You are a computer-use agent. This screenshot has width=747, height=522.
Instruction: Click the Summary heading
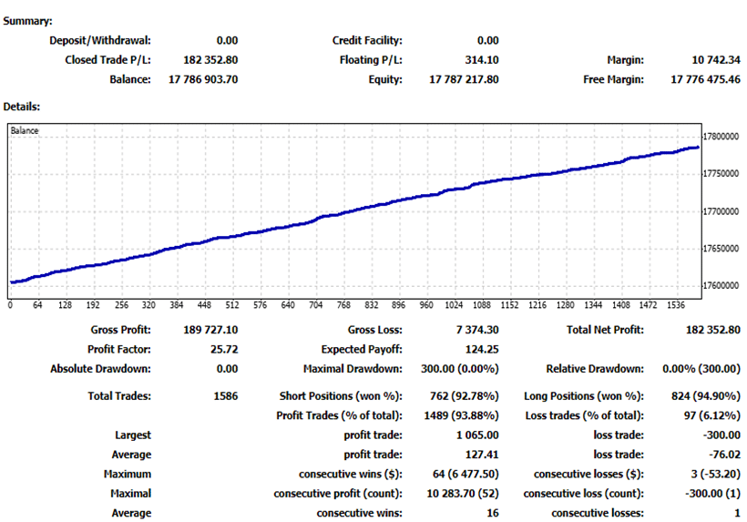[x=27, y=20]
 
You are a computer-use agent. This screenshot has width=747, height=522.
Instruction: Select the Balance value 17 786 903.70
[x=199, y=79]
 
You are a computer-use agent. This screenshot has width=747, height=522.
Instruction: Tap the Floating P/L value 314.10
[x=482, y=60]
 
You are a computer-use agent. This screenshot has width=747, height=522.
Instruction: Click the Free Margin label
[x=613, y=79]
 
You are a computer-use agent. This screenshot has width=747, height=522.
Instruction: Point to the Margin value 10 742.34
[x=717, y=60]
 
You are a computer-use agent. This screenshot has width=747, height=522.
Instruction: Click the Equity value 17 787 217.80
[x=464, y=79]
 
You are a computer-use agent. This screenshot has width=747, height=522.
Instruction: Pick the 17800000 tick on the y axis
[x=723, y=137]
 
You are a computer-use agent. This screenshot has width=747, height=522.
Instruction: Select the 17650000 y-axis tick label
[x=723, y=249]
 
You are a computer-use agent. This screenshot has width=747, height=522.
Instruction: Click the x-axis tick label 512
[x=232, y=305]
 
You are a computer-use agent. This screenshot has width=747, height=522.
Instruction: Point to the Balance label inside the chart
[x=25, y=130]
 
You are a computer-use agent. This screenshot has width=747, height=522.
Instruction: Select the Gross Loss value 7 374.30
[x=475, y=330]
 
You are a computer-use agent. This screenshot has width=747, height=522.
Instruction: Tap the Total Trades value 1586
[x=226, y=396]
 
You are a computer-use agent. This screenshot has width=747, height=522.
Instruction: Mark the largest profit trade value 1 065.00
[x=475, y=435]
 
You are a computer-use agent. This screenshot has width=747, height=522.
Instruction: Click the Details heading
[x=22, y=107]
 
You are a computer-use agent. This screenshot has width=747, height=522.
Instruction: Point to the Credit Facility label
[x=367, y=40]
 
